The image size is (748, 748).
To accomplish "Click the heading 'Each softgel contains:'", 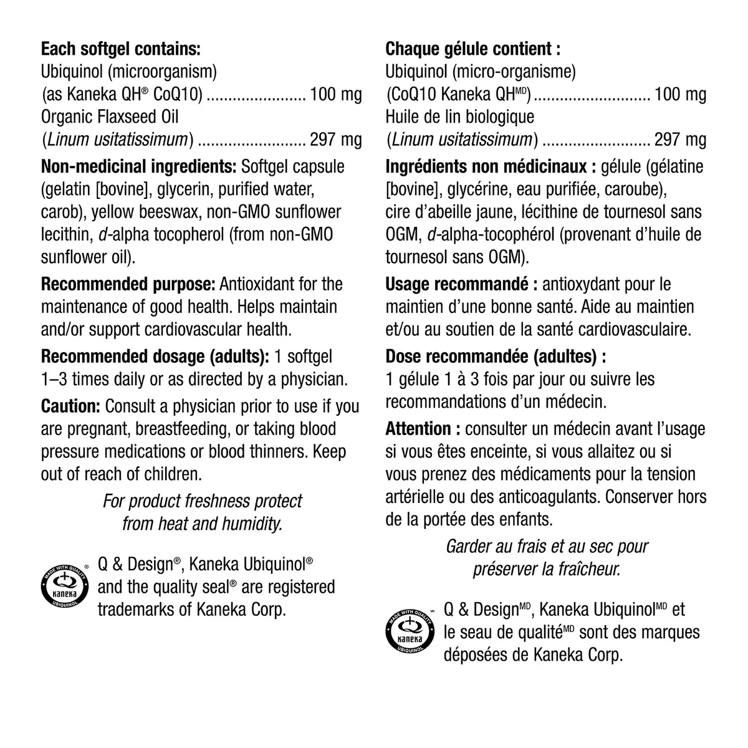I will point(120,49).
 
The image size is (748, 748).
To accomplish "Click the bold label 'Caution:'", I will point(70,406).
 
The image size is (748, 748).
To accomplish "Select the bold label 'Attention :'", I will point(423,429).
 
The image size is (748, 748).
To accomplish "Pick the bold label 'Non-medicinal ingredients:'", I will point(138,167).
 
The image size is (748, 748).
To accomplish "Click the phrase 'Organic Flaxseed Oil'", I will point(105,117).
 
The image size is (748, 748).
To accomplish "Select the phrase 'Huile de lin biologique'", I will point(459,117).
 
